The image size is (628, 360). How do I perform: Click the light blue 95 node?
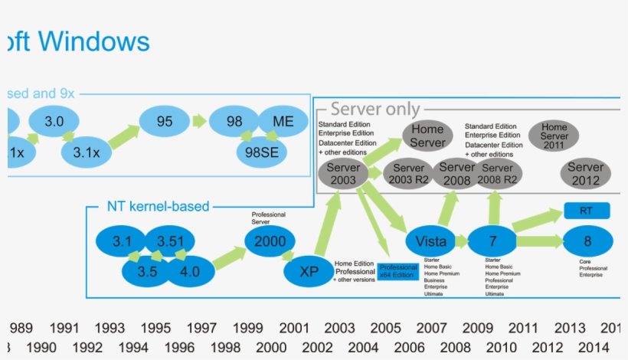pos(165,122)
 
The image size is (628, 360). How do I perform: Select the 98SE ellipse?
pos(262,152)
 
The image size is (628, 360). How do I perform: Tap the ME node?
pos(283,122)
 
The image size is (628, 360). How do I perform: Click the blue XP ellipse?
pos(309,271)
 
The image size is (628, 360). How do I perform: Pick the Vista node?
pos(431,241)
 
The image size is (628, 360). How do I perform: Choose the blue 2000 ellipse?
pos(270,241)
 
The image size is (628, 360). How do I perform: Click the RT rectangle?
pos(587,211)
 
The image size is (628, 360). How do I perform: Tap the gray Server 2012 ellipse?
pos(585,174)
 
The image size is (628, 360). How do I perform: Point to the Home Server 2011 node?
pos(554,136)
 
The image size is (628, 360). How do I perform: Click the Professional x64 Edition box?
pos(398,271)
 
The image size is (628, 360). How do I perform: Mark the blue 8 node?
pos(587,241)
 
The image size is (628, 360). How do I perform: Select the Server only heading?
pos(375,110)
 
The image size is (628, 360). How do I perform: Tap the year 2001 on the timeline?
pos(294,329)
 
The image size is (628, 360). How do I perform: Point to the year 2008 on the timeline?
pos(455,347)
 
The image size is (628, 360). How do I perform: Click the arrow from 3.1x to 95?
pos(123,138)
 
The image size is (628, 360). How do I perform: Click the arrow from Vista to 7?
pos(462,241)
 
